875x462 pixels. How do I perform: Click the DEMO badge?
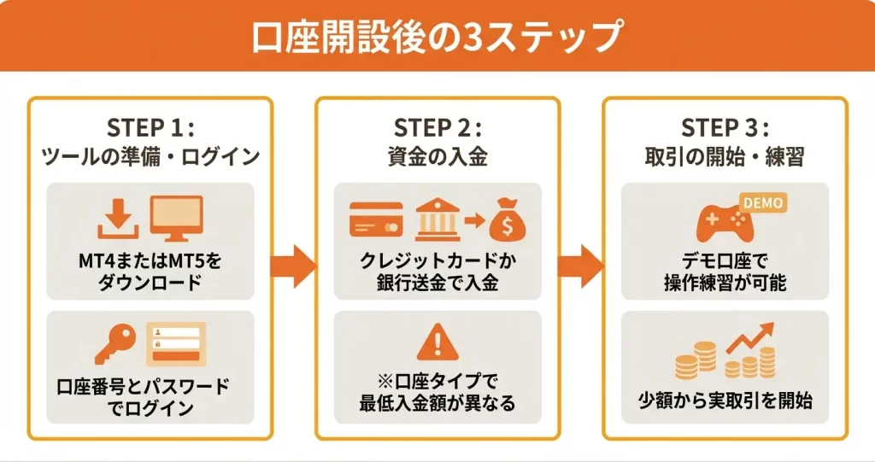[x=762, y=202]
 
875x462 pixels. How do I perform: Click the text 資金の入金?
[x=437, y=158]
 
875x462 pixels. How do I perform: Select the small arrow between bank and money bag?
[x=473, y=221]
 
